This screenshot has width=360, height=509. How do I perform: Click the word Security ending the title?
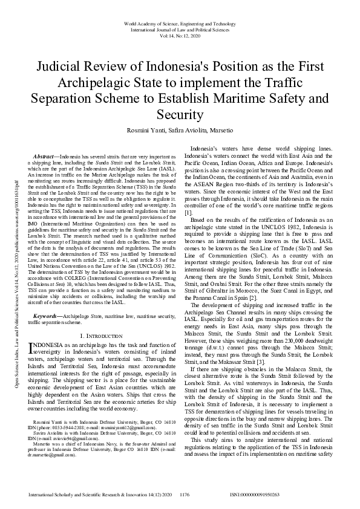[x=179, y=114]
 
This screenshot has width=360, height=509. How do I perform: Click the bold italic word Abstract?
[x=45, y=155]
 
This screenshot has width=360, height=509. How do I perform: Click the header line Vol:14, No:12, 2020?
[x=180, y=36]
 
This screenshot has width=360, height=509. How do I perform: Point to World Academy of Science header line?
[x=180, y=23]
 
